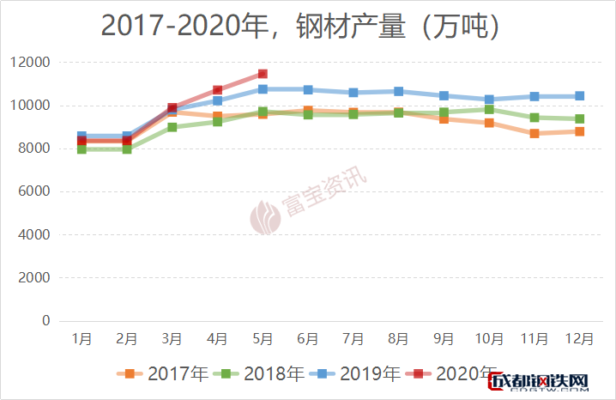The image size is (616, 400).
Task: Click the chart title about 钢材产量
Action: click(300, 26)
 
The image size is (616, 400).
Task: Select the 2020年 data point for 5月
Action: click(263, 74)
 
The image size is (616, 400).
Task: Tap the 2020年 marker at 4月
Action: click(218, 90)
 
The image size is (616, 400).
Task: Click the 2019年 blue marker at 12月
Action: click(579, 96)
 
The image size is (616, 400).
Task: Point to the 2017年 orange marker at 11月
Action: click(534, 133)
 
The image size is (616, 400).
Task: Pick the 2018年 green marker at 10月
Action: click(489, 109)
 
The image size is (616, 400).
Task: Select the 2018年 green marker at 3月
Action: click(172, 127)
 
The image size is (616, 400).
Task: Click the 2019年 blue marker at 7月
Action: click(353, 93)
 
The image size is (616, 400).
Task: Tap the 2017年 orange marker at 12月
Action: click(579, 131)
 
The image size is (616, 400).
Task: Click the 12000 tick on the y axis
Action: click(31, 63)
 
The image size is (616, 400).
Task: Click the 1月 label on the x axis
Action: click(82, 340)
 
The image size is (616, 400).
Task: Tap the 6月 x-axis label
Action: click(308, 340)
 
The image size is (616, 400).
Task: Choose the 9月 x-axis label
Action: click(444, 340)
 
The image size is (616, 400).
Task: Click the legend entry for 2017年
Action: click(166, 374)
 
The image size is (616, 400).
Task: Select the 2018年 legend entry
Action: click(263, 374)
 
